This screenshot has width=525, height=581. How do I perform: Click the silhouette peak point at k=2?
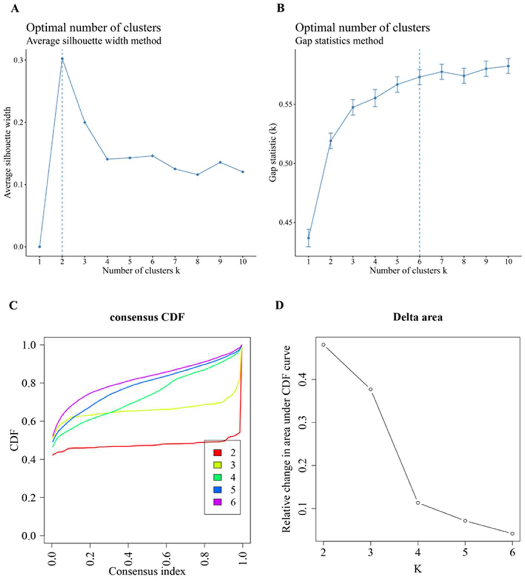(62, 59)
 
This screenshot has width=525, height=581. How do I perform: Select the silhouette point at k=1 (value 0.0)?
(40, 247)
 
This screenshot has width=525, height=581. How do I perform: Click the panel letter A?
(15, 9)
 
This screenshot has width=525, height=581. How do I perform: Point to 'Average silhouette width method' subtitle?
(94, 41)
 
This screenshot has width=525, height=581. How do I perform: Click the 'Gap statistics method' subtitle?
(339, 41)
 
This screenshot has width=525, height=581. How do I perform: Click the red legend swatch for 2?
(218, 453)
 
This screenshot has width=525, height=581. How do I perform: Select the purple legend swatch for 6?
(218, 502)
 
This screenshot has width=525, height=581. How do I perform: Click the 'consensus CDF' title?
(147, 317)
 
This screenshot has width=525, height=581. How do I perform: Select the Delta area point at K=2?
(323, 345)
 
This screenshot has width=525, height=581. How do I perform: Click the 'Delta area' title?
(418, 317)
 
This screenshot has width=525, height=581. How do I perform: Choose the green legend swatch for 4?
(218, 478)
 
